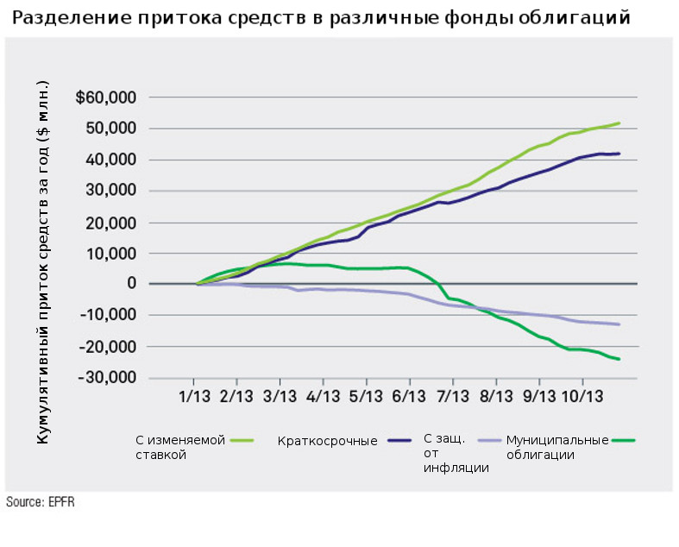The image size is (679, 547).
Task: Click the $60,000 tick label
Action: [x=106, y=97]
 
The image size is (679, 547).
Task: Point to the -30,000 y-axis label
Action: [x=109, y=378]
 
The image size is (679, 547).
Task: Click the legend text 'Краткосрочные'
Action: [x=328, y=441]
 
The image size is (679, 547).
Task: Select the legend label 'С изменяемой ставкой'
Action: [x=179, y=447]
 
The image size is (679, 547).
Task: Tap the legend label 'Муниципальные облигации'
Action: [x=557, y=447]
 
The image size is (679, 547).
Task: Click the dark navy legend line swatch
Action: [x=399, y=441]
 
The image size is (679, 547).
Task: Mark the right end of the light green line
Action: [x=619, y=123]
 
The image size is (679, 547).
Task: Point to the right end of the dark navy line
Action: [x=619, y=154]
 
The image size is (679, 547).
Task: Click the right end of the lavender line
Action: [x=619, y=324]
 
